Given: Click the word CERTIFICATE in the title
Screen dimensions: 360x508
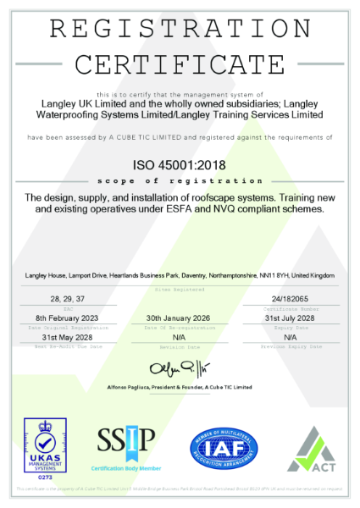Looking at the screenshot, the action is (x=180, y=64).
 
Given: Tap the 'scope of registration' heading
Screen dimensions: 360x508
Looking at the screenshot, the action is (x=180, y=180).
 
